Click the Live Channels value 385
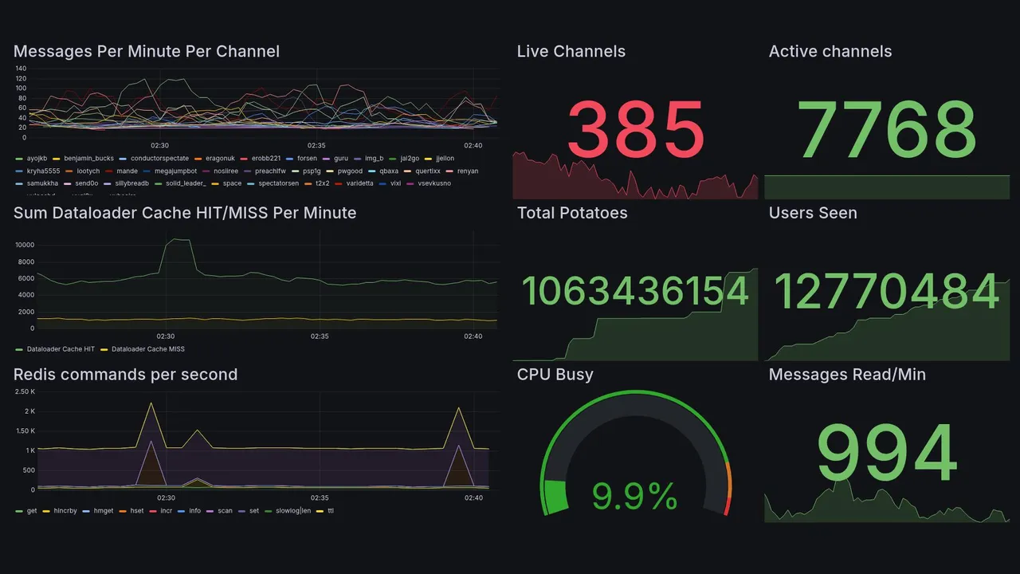click(x=636, y=128)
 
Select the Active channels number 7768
click(x=887, y=128)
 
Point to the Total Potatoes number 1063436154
click(x=635, y=291)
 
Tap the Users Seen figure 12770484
click(x=887, y=291)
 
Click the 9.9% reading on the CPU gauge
click(x=635, y=497)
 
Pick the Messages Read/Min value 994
click(x=887, y=453)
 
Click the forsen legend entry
click(x=307, y=159)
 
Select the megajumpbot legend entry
click(x=175, y=171)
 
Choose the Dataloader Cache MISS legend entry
click(x=147, y=349)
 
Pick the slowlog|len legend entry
click(x=292, y=511)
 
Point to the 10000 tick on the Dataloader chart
click(x=25, y=245)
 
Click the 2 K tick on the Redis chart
click(x=29, y=411)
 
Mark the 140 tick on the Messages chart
click(x=21, y=69)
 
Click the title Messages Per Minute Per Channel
click(x=147, y=52)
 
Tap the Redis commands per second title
click(x=125, y=375)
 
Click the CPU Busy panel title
click(x=555, y=375)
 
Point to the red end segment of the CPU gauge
click(x=727, y=506)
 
